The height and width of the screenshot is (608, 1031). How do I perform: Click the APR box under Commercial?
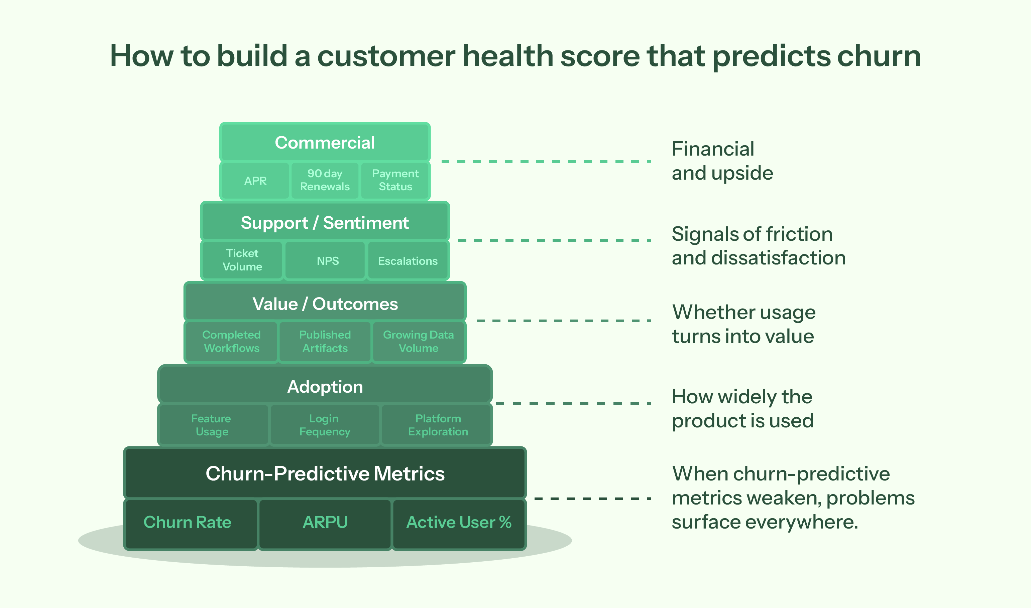point(255,181)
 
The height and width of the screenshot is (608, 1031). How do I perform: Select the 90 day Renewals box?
point(325,180)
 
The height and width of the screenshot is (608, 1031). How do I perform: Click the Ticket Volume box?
point(242,260)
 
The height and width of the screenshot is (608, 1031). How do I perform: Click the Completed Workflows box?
point(231,342)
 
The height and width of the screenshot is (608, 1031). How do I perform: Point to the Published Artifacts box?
point(325,342)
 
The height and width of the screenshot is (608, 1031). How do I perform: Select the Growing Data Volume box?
point(418,342)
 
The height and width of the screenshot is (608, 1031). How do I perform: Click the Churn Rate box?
point(188,523)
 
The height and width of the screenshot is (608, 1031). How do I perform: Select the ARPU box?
point(325,523)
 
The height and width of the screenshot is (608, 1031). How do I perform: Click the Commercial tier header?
point(325,143)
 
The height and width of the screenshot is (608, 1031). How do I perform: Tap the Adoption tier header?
point(325,387)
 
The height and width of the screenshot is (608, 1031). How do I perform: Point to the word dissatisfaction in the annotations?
point(778,258)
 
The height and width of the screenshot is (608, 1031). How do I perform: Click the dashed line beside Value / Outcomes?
point(564,321)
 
